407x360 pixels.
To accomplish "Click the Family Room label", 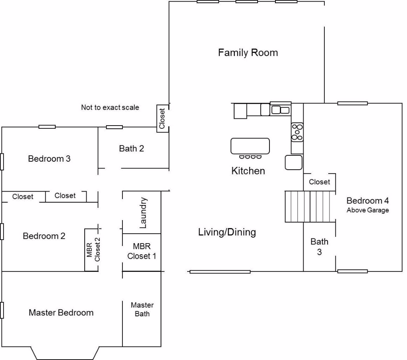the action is (x=248, y=53).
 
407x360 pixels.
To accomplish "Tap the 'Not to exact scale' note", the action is (x=110, y=107).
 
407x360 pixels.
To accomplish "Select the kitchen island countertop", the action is (x=250, y=146).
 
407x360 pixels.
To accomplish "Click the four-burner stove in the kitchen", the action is (x=297, y=132).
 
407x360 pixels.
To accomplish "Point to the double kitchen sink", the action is (x=280, y=110).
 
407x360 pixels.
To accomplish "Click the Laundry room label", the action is (x=143, y=213).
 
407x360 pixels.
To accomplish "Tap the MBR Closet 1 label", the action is (x=142, y=251).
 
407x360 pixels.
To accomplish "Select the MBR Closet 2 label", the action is (x=93, y=250).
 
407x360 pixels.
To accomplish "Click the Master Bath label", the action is (x=142, y=310).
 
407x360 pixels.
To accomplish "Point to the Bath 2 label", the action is (x=131, y=149).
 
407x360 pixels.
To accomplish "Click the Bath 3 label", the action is (x=320, y=247).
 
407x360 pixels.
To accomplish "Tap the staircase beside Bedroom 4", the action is (x=310, y=207).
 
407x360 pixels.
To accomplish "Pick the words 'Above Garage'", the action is (x=368, y=210).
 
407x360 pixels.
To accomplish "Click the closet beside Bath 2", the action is (x=163, y=118).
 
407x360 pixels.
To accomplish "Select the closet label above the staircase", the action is (x=320, y=182).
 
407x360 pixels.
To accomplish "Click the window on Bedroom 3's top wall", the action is (x=47, y=127).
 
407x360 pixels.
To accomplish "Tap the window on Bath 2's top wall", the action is (x=114, y=127).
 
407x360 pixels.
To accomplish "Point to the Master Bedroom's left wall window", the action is (x=2, y=310).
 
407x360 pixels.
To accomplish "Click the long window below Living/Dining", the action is (x=220, y=272).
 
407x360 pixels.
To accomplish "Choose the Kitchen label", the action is (x=248, y=171).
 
